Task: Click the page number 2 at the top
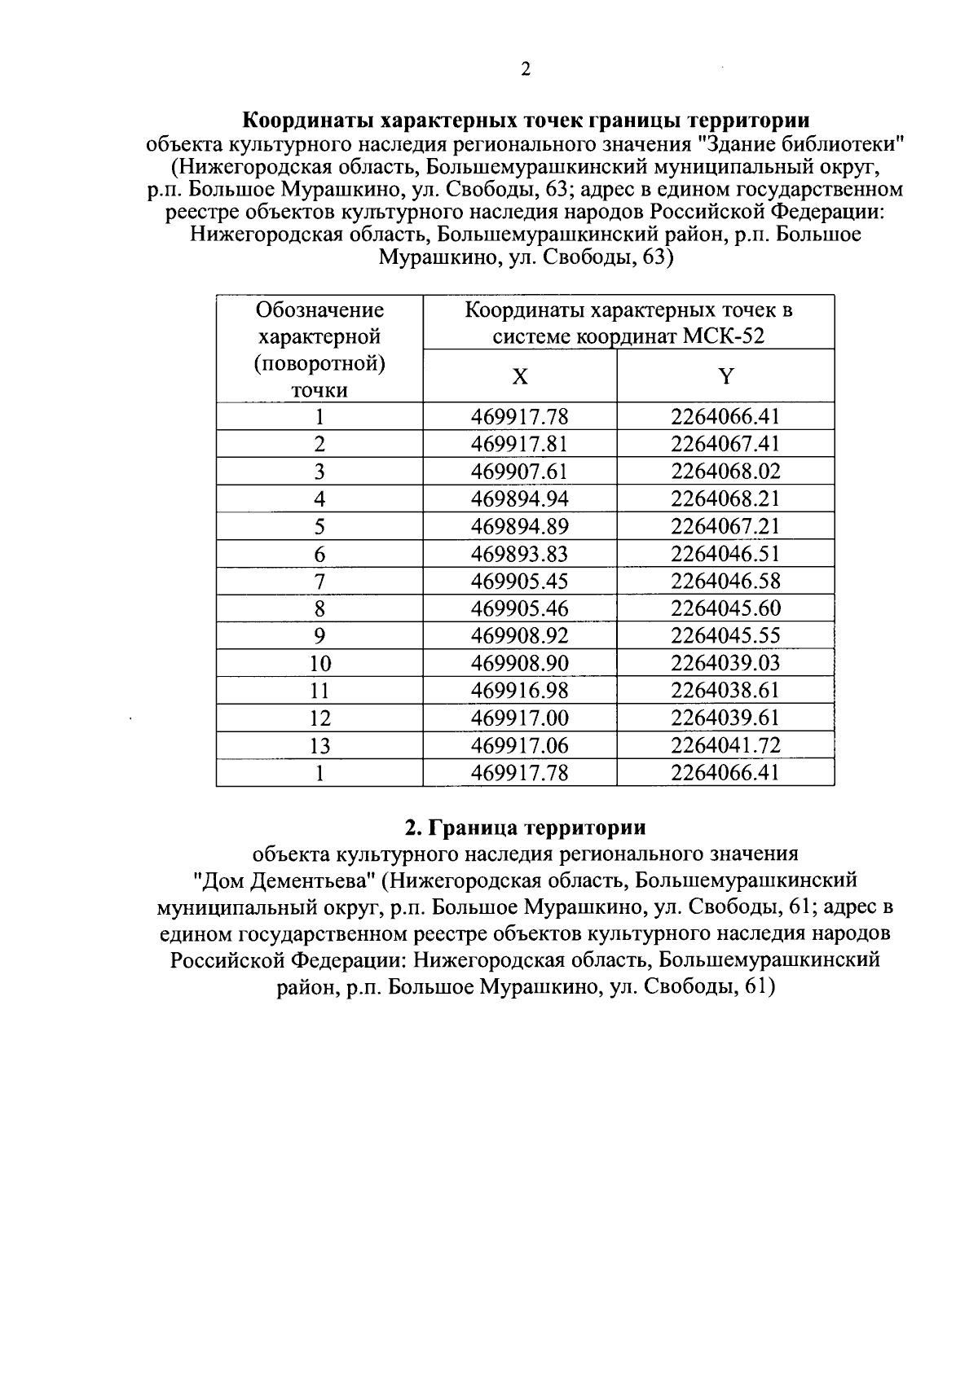526,70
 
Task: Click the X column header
520,376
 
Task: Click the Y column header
725,376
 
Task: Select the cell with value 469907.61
520,472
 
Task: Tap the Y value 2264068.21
725,499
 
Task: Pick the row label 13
319,745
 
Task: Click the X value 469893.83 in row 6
520,554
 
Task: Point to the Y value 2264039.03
725,663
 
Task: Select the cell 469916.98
520,691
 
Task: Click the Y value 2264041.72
725,745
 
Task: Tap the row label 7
319,582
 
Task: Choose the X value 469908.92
520,636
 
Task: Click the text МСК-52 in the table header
725,336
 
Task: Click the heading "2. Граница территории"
526,828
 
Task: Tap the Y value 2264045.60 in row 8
725,608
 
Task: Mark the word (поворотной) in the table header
319,363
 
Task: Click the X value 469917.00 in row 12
520,718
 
